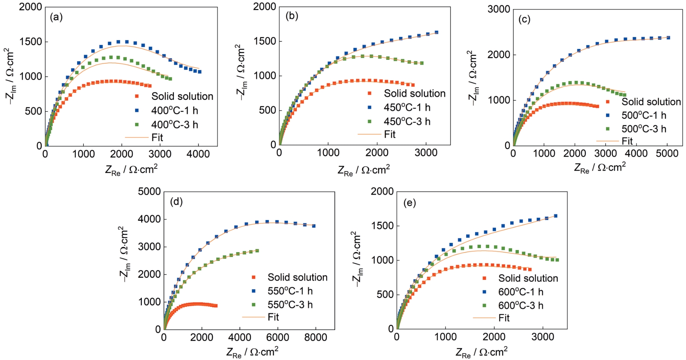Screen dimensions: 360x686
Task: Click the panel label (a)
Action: tap(56, 17)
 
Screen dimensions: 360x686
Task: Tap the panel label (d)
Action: tap(176, 202)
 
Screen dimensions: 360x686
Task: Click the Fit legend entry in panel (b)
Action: tap(389, 134)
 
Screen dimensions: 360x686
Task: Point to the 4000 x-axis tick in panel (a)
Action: tap(198, 155)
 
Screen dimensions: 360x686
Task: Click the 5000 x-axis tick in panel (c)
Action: tap(667, 153)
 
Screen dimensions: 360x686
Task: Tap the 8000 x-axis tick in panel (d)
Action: tap(316, 338)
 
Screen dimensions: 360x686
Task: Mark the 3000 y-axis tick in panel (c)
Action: tap(499, 9)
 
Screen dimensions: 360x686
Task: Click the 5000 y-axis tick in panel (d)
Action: tap(149, 192)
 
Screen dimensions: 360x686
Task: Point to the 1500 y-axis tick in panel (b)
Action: tap(265, 41)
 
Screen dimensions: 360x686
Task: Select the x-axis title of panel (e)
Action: tap(481, 352)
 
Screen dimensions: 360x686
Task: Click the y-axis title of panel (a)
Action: tap(10, 76)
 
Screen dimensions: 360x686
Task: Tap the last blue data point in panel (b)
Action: tap(437, 32)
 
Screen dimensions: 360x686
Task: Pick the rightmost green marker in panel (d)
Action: tap(257, 251)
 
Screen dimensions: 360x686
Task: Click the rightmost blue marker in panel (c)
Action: tap(668, 38)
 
